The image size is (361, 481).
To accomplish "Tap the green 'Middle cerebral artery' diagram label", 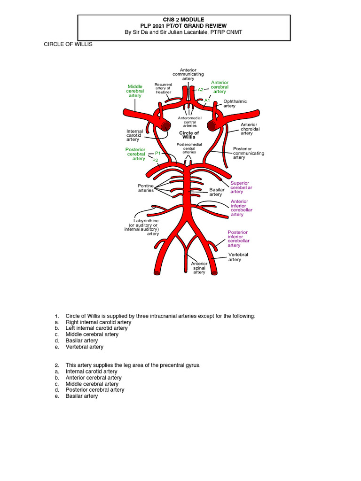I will pyautogui.click(x=135, y=91).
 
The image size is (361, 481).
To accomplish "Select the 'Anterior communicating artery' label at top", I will pyautogui.click(x=188, y=74).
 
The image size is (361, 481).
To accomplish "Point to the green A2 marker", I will pyautogui.click(x=200, y=89).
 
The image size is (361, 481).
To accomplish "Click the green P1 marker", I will pyautogui.click(x=158, y=154).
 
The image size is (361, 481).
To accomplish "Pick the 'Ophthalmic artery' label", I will pyautogui.click(x=235, y=103).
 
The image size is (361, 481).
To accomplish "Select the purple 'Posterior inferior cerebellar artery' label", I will pyautogui.click(x=238, y=239).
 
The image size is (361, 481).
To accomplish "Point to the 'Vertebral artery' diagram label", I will pyautogui.click(x=238, y=257).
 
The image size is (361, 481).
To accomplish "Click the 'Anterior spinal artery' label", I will pyautogui.click(x=199, y=268).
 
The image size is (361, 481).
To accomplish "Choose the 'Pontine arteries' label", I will pyautogui.click(x=146, y=188).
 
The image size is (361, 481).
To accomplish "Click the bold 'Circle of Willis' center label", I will pyautogui.click(x=189, y=135).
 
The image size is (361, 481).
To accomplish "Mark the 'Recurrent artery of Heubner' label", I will pyautogui.click(x=163, y=88).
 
